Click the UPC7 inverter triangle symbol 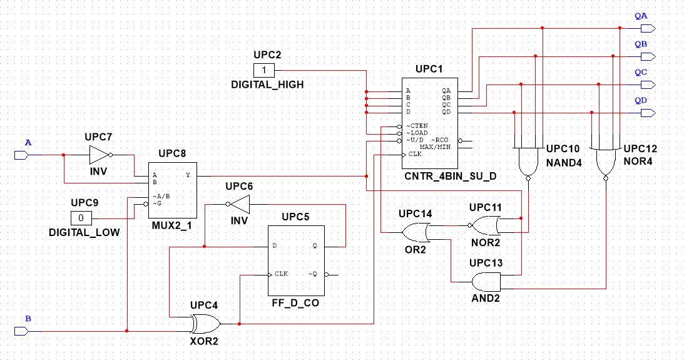click(x=100, y=155)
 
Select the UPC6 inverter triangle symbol click(x=238, y=204)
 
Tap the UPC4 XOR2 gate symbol click(x=205, y=324)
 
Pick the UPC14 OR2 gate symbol click(x=416, y=232)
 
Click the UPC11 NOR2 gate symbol click(x=484, y=225)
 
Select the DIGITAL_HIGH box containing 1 click(x=264, y=70)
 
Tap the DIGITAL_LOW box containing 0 click(x=81, y=218)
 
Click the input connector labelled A click(x=21, y=155)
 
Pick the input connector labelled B click(x=21, y=331)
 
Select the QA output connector click(x=648, y=29)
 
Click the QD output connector click(x=648, y=113)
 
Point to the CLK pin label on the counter click(x=415, y=154)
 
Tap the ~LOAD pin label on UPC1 click(x=417, y=133)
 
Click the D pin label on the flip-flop click(x=274, y=245)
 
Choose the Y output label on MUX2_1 click(x=188, y=175)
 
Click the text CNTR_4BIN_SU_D click(x=450, y=177)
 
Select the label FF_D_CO click(x=295, y=303)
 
